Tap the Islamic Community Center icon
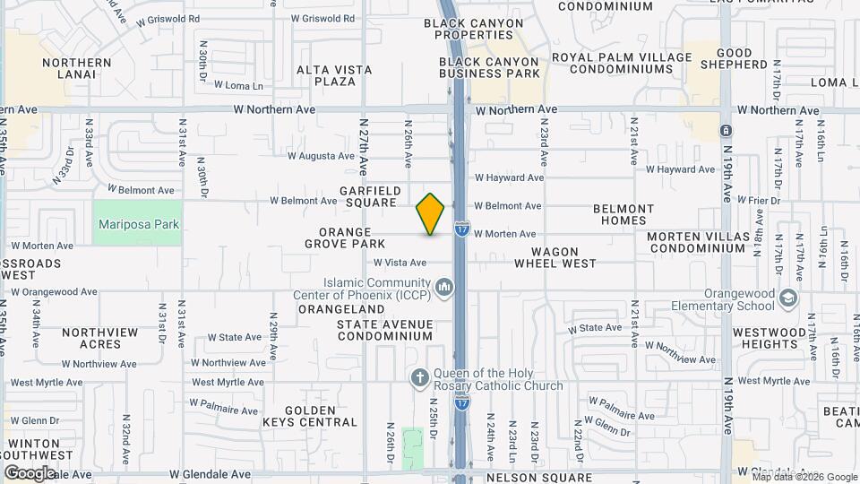445,287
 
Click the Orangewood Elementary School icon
788,297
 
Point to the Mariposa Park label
139,225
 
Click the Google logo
30,472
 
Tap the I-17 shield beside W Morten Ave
461,229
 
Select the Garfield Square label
368,196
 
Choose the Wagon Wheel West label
555,257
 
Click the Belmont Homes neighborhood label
624,214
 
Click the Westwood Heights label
769,338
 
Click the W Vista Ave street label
400,263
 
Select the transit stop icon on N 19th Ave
725,131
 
